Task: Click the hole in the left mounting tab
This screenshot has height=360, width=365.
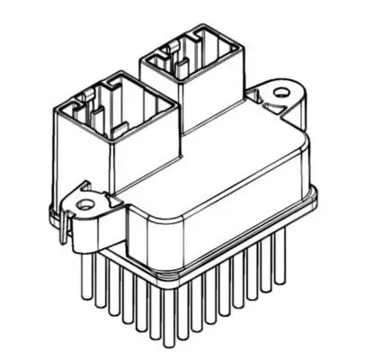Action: pyautogui.click(x=85, y=204)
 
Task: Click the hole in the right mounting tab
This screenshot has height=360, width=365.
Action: pyautogui.click(x=281, y=92)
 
